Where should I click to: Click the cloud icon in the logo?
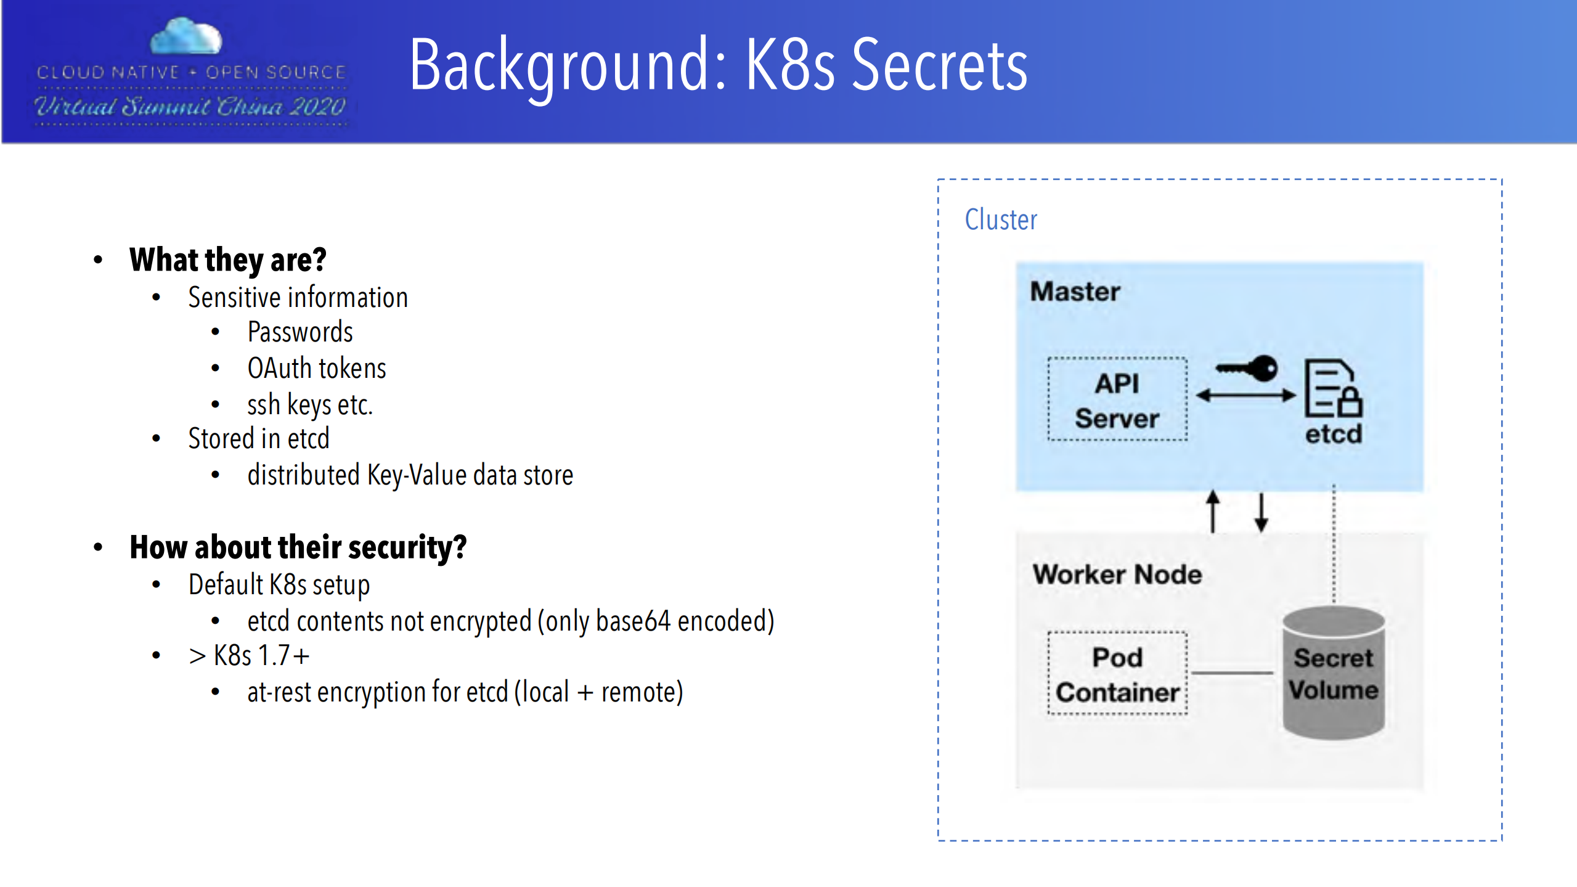[186, 37]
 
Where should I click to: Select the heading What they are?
[227, 260]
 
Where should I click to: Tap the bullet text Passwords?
[300, 332]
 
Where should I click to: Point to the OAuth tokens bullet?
[317, 369]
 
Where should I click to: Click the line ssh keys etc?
[310, 405]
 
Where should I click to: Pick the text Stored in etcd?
[259, 439]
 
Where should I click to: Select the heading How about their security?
[298, 547]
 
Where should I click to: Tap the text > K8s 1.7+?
[249, 656]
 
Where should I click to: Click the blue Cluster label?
[1001, 220]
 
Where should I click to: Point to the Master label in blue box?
[1075, 292]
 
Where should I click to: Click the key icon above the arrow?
[1247, 369]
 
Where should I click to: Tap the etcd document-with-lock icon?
[1332, 390]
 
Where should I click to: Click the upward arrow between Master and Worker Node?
[1212, 511]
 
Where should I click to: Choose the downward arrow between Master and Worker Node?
[1261, 512]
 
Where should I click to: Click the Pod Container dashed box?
[1117, 674]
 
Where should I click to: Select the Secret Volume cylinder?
[1333, 674]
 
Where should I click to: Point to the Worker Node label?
[1117, 574]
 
